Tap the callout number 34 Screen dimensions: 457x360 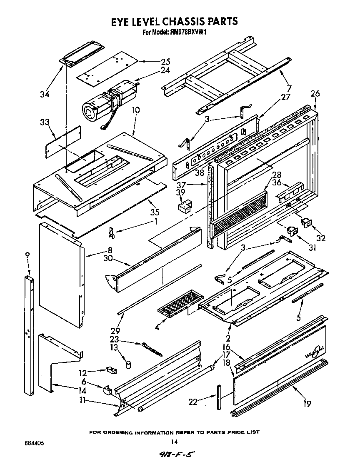(45, 94)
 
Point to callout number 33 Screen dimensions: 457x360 (45, 122)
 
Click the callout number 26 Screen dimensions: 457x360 (315, 94)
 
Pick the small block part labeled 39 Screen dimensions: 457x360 (184, 206)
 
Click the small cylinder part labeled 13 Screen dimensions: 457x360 (128, 364)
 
